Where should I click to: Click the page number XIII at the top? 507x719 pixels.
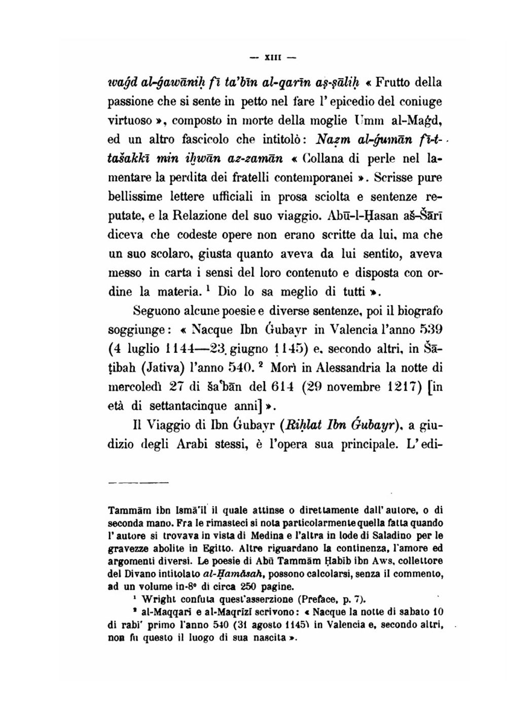coord(273,57)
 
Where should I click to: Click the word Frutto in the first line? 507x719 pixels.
coord(393,82)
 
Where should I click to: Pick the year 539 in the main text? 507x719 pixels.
coord(431,330)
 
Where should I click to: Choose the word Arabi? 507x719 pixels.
coord(196,445)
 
